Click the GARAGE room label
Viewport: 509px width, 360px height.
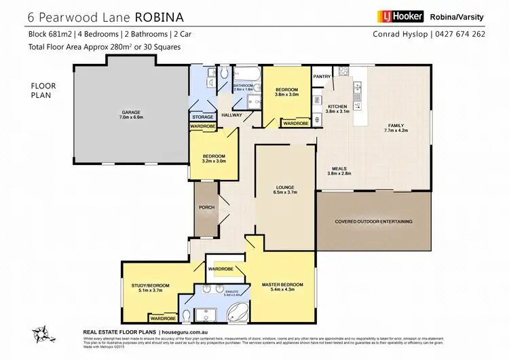[130, 113]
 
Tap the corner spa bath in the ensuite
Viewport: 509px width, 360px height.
[237, 314]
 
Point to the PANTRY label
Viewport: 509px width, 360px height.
[321, 77]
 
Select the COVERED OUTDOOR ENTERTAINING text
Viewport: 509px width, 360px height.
[374, 221]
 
